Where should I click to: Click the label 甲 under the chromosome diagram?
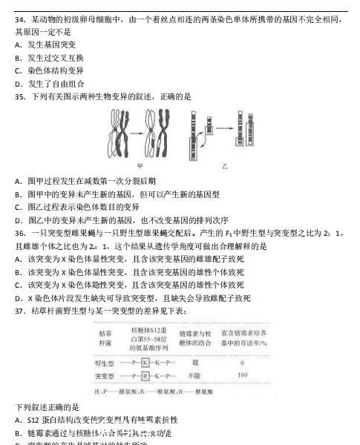(141, 166)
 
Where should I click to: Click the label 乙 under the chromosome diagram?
(225, 166)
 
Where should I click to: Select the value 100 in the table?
(242, 376)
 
